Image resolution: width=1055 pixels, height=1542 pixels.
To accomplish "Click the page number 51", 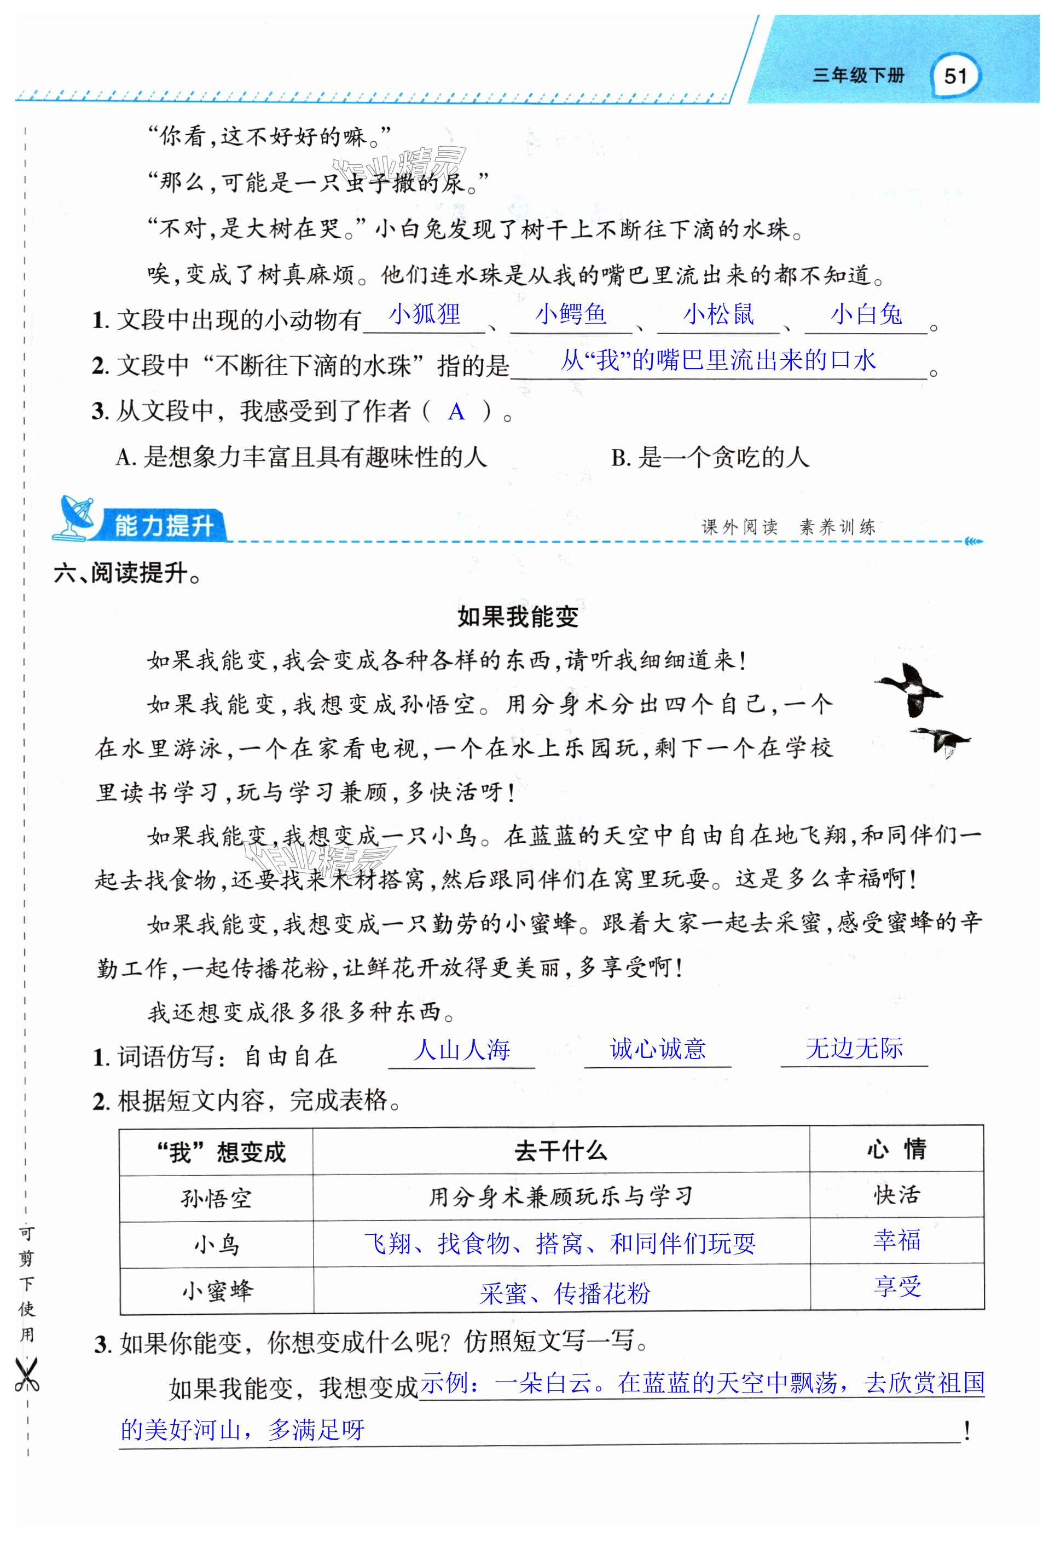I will tap(955, 76).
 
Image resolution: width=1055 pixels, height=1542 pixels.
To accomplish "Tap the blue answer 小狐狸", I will tap(425, 314).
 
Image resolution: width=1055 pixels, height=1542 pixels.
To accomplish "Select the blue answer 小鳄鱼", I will tap(571, 314).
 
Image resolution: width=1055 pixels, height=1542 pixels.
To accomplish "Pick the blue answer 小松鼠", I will tap(719, 314).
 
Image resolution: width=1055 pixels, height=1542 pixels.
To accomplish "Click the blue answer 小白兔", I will tap(866, 314).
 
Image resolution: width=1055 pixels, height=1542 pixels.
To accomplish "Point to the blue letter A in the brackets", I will tap(456, 412).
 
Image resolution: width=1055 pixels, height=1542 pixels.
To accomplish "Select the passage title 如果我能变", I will tap(518, 617).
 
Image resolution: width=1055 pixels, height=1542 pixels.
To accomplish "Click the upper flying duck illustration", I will tap(909, 690).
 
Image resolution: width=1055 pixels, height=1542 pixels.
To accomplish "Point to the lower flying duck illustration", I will tap(940, 740).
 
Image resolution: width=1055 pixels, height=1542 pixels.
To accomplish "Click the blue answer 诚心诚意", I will tap(658, 1048).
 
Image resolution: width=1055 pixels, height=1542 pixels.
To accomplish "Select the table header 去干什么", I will tap(561, 1151).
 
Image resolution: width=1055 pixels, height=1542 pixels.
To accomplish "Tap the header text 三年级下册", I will tap(858, 76).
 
